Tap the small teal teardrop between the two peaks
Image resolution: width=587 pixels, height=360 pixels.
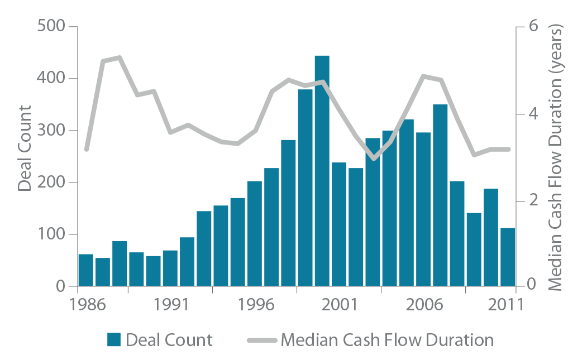pyautogui.click(x=378, y=127)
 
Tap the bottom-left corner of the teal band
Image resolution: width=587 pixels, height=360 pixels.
pyautogui.click(x=80, y=284)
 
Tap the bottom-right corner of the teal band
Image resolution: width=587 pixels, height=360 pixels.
pyautogui.click(x=514, y=284)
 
